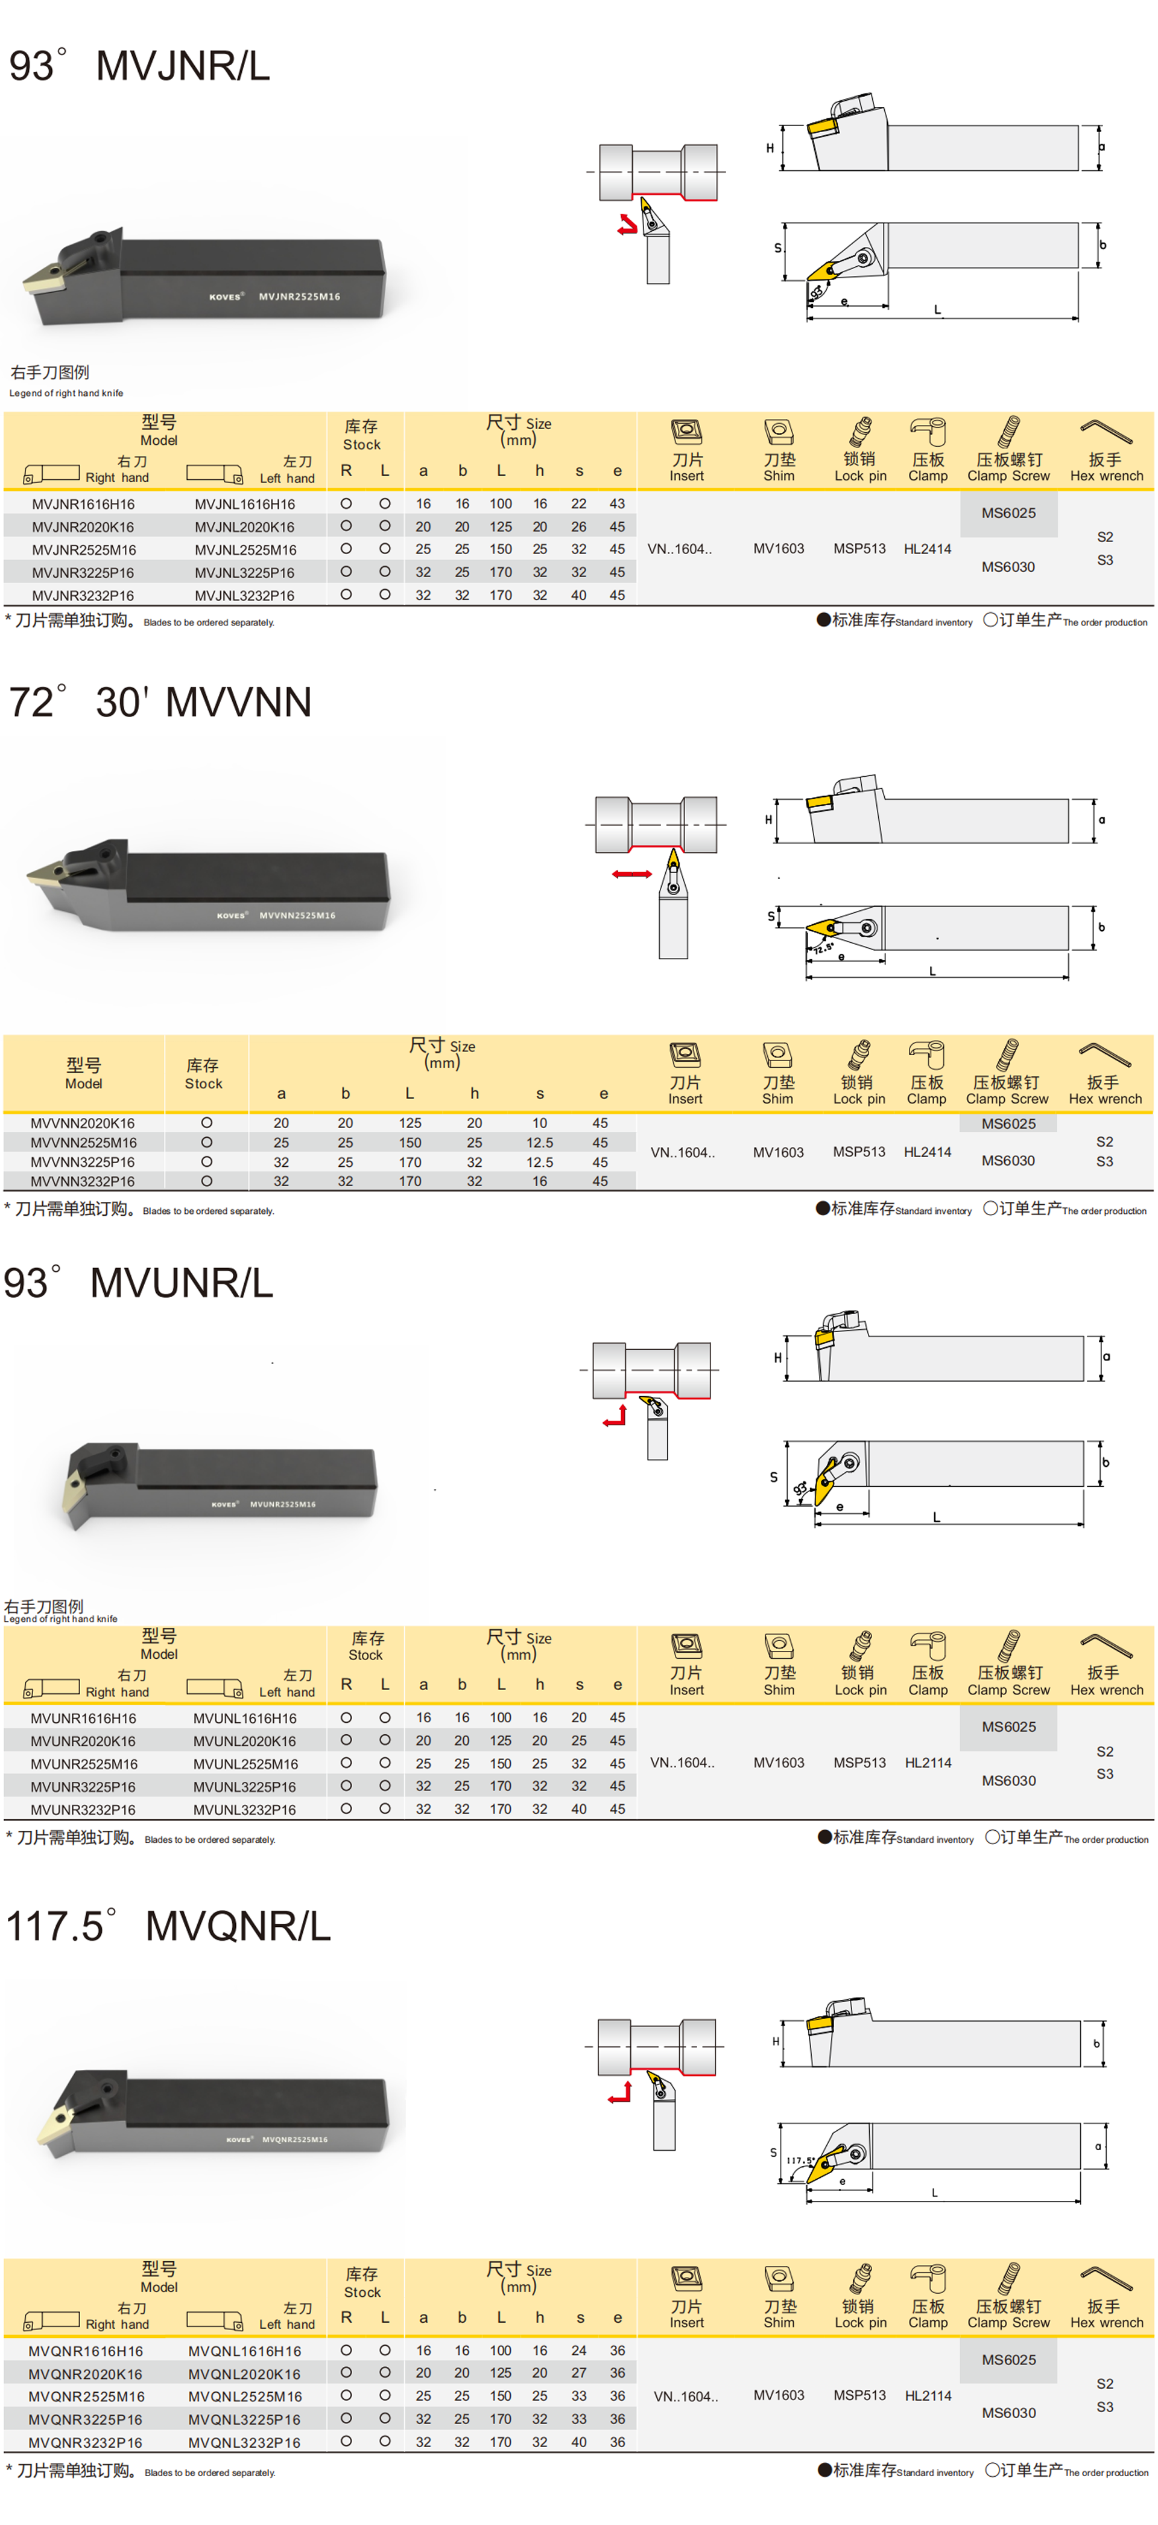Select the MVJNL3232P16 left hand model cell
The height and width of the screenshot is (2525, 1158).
[244, 595]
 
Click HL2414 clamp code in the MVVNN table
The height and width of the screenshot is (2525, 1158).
[927, 1152]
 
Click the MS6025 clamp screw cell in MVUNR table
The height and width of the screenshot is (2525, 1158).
[1008, 1726]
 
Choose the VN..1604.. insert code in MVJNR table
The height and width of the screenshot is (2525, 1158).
[679, 549]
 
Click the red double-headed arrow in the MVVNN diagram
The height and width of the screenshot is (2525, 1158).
[632, 873]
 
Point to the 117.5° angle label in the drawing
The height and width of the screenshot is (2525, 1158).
[799, 2159]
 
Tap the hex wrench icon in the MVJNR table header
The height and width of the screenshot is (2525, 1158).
[1105, 430]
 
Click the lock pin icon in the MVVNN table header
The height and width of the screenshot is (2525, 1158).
[859, 1055]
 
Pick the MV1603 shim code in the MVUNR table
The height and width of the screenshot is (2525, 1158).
[778, 1763]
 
